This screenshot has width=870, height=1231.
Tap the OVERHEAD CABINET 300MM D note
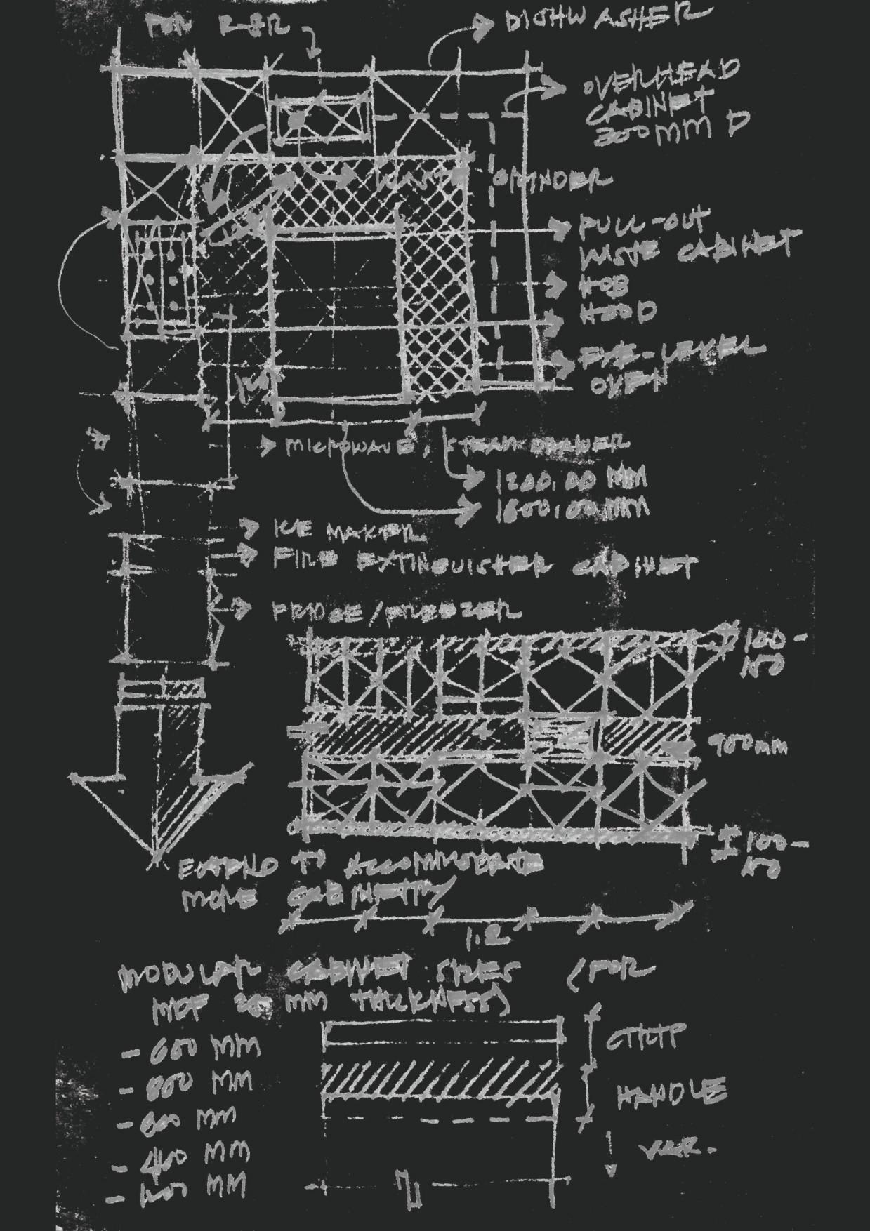click(660, 102)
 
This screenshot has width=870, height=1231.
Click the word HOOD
click(618, 312)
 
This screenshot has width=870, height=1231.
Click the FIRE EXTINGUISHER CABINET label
click(485, 564)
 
